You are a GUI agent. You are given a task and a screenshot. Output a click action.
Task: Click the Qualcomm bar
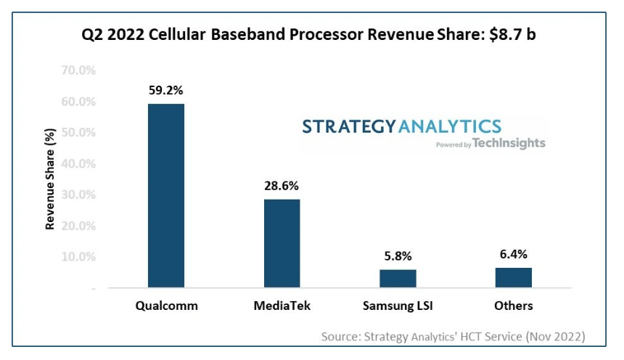(166, 196)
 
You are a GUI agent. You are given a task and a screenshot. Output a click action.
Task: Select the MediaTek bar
(282, 243)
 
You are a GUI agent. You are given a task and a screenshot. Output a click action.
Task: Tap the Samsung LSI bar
(398, 279)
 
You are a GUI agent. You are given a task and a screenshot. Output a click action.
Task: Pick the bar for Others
(514, 277)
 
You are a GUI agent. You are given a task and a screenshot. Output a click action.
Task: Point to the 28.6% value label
(282, 186)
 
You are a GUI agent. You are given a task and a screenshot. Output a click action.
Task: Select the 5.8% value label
(398, 256)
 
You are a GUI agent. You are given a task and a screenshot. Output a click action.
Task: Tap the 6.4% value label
(514, 254)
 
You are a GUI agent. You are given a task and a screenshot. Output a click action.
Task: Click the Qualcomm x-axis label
(166, 306)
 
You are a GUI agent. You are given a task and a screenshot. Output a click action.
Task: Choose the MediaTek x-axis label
(282, 306)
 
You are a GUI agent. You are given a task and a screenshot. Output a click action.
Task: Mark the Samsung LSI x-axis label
(398, 306)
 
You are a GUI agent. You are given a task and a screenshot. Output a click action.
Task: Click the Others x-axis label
(514, 306)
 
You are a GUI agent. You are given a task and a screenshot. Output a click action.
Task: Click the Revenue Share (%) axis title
(50, 179)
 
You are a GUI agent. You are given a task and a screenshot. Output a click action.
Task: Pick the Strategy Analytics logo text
(401, 126)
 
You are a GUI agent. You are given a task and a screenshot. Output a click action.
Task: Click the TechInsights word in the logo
(510, 144)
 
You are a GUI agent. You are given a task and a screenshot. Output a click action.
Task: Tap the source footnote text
(453, 336)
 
